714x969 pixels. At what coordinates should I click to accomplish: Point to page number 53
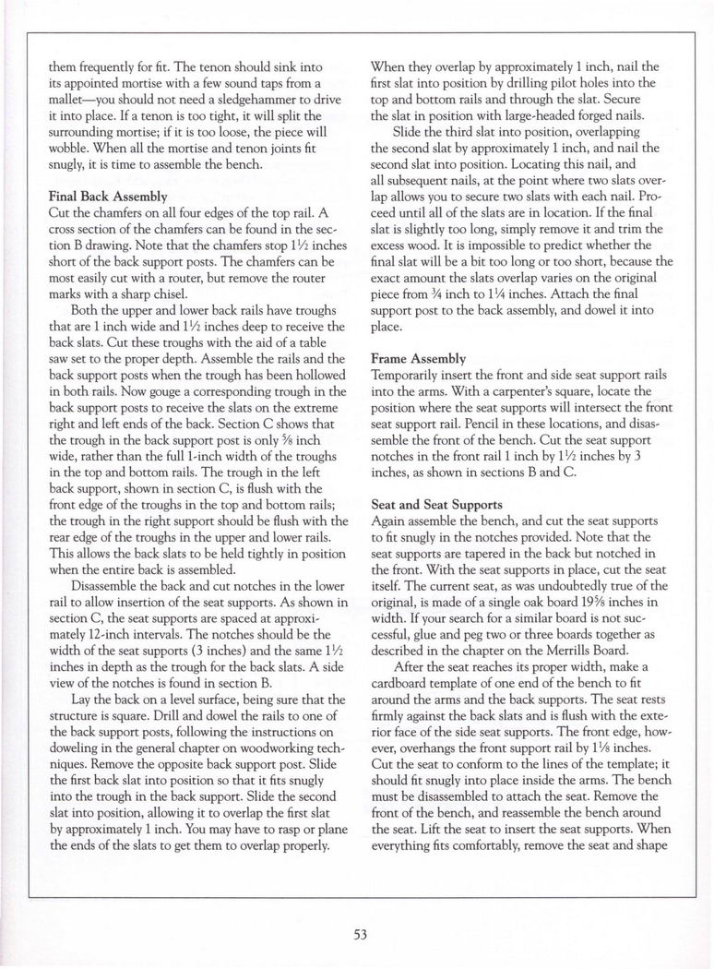[x=357, y=933]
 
